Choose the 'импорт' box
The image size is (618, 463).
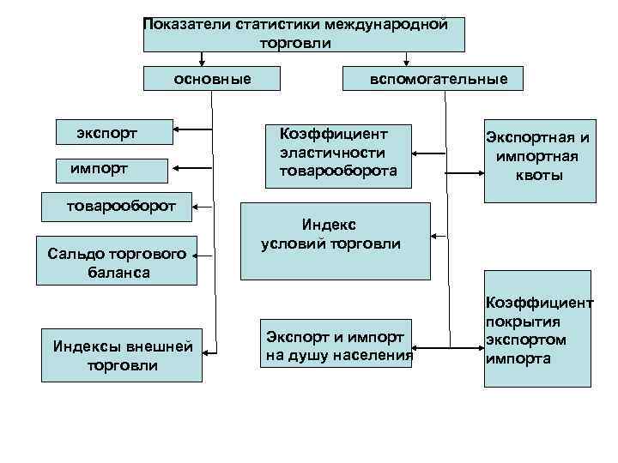(112, 168)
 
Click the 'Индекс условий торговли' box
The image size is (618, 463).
(336, 241)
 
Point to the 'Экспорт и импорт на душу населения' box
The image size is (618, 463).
(336, 344)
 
